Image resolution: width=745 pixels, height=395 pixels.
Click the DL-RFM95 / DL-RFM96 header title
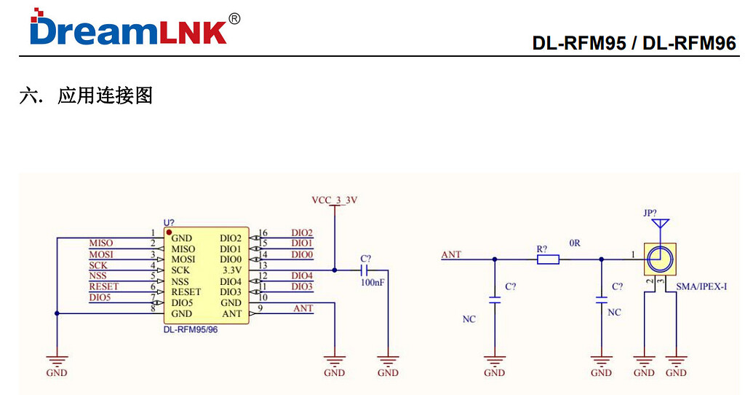pyautogui.click(x=634, y=43)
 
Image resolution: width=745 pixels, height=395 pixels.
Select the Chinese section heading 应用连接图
pyautogui.click(x=105, y=95)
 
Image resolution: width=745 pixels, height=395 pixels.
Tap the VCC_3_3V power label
pyautogui.click(x=334, y=199)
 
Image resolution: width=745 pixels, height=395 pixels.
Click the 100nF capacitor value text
pyautogui.click(x=372, y=282)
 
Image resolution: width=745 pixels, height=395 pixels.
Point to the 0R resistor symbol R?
pyautogui.click(x=547, y=259)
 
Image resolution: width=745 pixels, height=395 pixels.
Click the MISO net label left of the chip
pyautogui.click(x=100, y=243)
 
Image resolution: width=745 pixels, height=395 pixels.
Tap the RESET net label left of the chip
pyautogui.click(x=103, y=286)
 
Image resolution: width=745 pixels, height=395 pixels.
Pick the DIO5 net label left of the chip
pyautogui.click(x=100, y=297)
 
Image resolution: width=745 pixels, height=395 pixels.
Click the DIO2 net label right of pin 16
pyautogui.click(x=302, y=232)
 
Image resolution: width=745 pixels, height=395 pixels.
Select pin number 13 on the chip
pyautogui.click(x=263, y=265)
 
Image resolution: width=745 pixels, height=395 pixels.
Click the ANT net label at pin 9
pyautogui.click(x=303, y=308)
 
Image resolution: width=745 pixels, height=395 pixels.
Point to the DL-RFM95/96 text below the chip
pyautogui.click(x=191, y=329)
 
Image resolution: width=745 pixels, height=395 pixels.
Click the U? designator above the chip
pyautogui.click(x=169, y=222)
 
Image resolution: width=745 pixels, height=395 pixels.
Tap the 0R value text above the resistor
pyautogui.click(x=575, y=243)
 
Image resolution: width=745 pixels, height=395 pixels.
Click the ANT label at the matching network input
pyautogui.click(x=451, y=254)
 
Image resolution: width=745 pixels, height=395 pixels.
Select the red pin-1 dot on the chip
pyautogui.click(x=169, y=232)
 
